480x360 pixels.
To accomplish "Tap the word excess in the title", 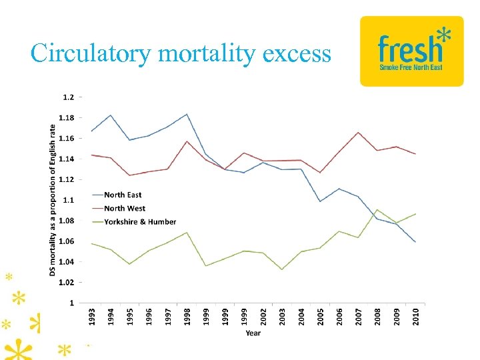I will point(297,53).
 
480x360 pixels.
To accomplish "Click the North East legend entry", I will point(122,195).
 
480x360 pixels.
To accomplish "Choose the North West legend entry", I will point(124,208).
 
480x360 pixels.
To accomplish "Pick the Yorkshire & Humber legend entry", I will point(139,221).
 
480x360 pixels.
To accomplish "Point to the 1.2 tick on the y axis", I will point(69,97).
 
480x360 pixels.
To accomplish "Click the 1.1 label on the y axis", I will point(69,200).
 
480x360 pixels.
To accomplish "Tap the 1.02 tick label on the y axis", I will point(67,283).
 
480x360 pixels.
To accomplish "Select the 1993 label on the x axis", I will point(92,316).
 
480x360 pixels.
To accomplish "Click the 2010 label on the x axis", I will point(415,316).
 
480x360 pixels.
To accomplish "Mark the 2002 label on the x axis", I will point(263,316).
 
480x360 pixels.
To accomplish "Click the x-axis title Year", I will point(253,332).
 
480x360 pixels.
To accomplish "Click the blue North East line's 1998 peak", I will point(187,114).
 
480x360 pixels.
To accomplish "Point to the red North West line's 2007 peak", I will point(358,132).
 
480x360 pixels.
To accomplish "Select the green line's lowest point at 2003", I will point(282,269).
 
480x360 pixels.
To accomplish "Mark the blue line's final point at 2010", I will point(415,242).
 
